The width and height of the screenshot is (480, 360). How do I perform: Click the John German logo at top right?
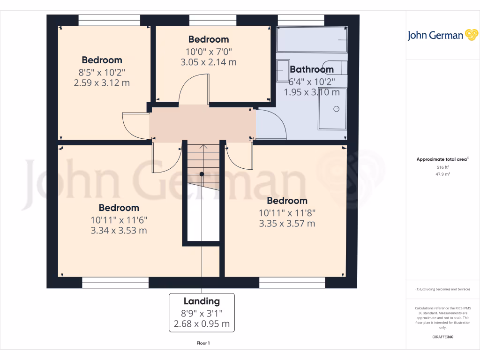[x=442, y=35]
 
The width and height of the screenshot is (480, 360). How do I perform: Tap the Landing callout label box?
[x=202, y=313]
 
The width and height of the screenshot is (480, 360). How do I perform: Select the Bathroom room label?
[x=312, y=69]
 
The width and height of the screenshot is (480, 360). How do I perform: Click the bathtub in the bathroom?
[x=312, y=39]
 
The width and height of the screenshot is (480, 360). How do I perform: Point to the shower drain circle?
[x=336, y=109]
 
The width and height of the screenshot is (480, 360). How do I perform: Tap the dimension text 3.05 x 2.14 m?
[x=208, y=61]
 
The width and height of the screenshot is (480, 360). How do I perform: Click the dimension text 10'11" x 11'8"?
[x=287, y=212]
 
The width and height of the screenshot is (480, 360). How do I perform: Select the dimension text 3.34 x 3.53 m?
[x=119, y=230]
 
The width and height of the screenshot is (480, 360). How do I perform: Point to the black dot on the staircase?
[x=202, y=174]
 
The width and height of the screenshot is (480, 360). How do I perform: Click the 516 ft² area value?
[x=442, y=167]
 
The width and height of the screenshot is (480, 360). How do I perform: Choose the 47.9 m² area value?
[x=442, y=174]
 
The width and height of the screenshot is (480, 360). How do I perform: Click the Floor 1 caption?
[x=202, y=343]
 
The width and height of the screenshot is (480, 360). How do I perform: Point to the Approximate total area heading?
[x=442, y=159]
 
